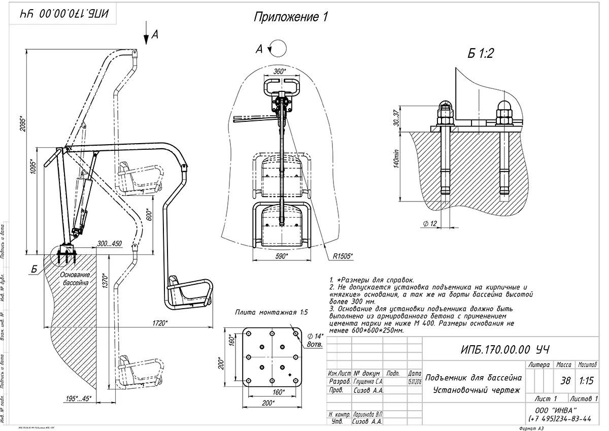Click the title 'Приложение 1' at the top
(x=291, y=17)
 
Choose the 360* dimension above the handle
(x=280, y=72)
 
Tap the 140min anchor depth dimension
(x=397, y=162)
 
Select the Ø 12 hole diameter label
(x=429, y=223)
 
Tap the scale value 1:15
(x=587, y=381)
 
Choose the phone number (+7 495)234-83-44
(x=559, y=418)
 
